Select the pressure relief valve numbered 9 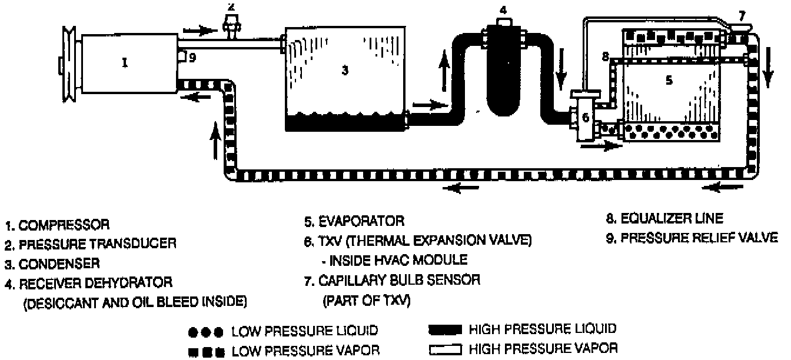[x=182, y=57]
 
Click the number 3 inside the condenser [x=345, y=71]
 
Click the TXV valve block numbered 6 [x=585, y=117]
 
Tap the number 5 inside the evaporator [x=669, y=81]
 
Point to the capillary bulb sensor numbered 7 [x=740, y=28]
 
